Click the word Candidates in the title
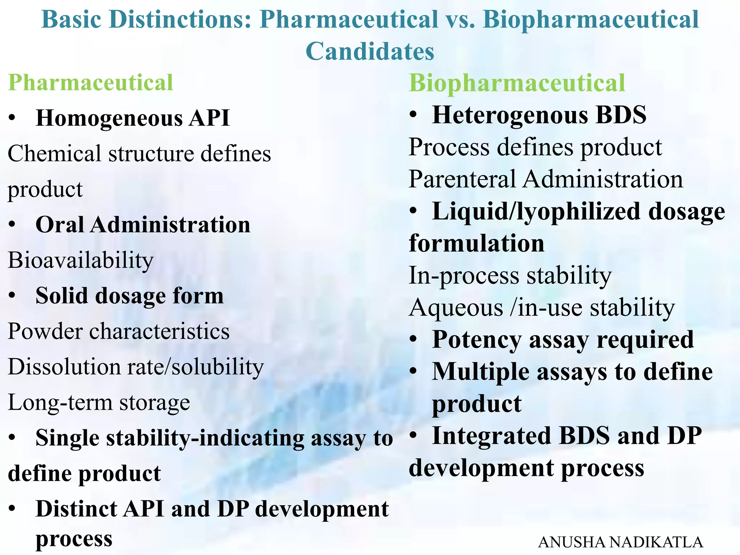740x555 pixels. [x=370, y=51]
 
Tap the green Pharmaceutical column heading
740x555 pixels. [x=90, y=82]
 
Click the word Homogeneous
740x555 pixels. [x=109, y=118]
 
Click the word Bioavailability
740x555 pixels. [x=81, y=260]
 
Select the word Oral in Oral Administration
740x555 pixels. [x=60, y=225]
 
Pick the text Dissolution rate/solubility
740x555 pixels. [x=135, y=367]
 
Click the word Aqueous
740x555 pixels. [x=456, y=308]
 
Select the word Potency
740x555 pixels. [x=477, y=340]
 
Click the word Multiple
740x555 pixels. [x=481, y=371]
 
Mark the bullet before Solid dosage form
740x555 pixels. [x=12, y=296]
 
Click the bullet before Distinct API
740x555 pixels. [x=12, y=509]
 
